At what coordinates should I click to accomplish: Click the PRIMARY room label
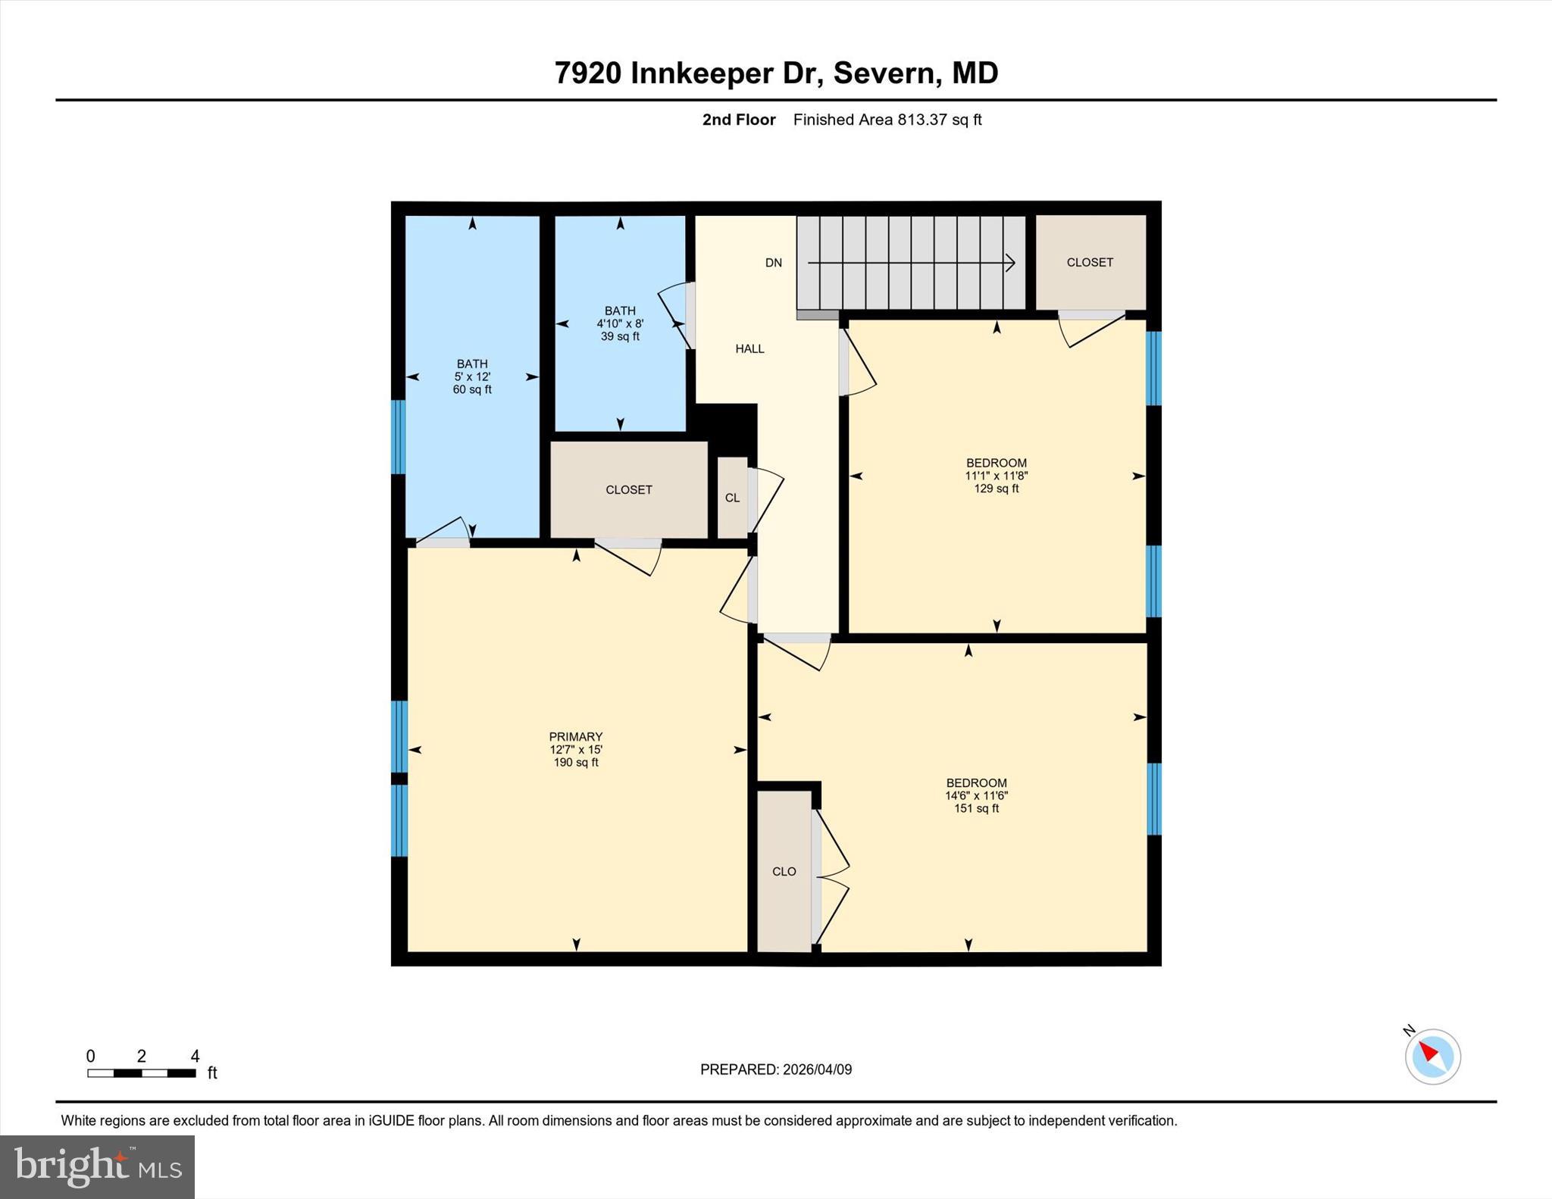[576, 737]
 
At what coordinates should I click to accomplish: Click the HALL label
[749, 349]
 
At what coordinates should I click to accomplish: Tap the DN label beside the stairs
[773, 263]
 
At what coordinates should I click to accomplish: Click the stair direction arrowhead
[1010, 263]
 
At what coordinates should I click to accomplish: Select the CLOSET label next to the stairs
[1090, 262]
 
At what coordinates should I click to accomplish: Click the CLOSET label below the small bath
[629, 490]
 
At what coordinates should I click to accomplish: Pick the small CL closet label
[732, 498]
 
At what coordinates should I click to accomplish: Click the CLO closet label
[784, 872]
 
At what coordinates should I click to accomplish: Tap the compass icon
[1432, 1057]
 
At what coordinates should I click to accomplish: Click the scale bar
[142, 1073]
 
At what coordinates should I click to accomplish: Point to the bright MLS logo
[97, 1166]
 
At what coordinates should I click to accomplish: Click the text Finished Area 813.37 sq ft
[887, 120]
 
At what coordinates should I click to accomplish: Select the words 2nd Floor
[739, 120]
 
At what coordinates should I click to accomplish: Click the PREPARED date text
[775, 1069]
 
